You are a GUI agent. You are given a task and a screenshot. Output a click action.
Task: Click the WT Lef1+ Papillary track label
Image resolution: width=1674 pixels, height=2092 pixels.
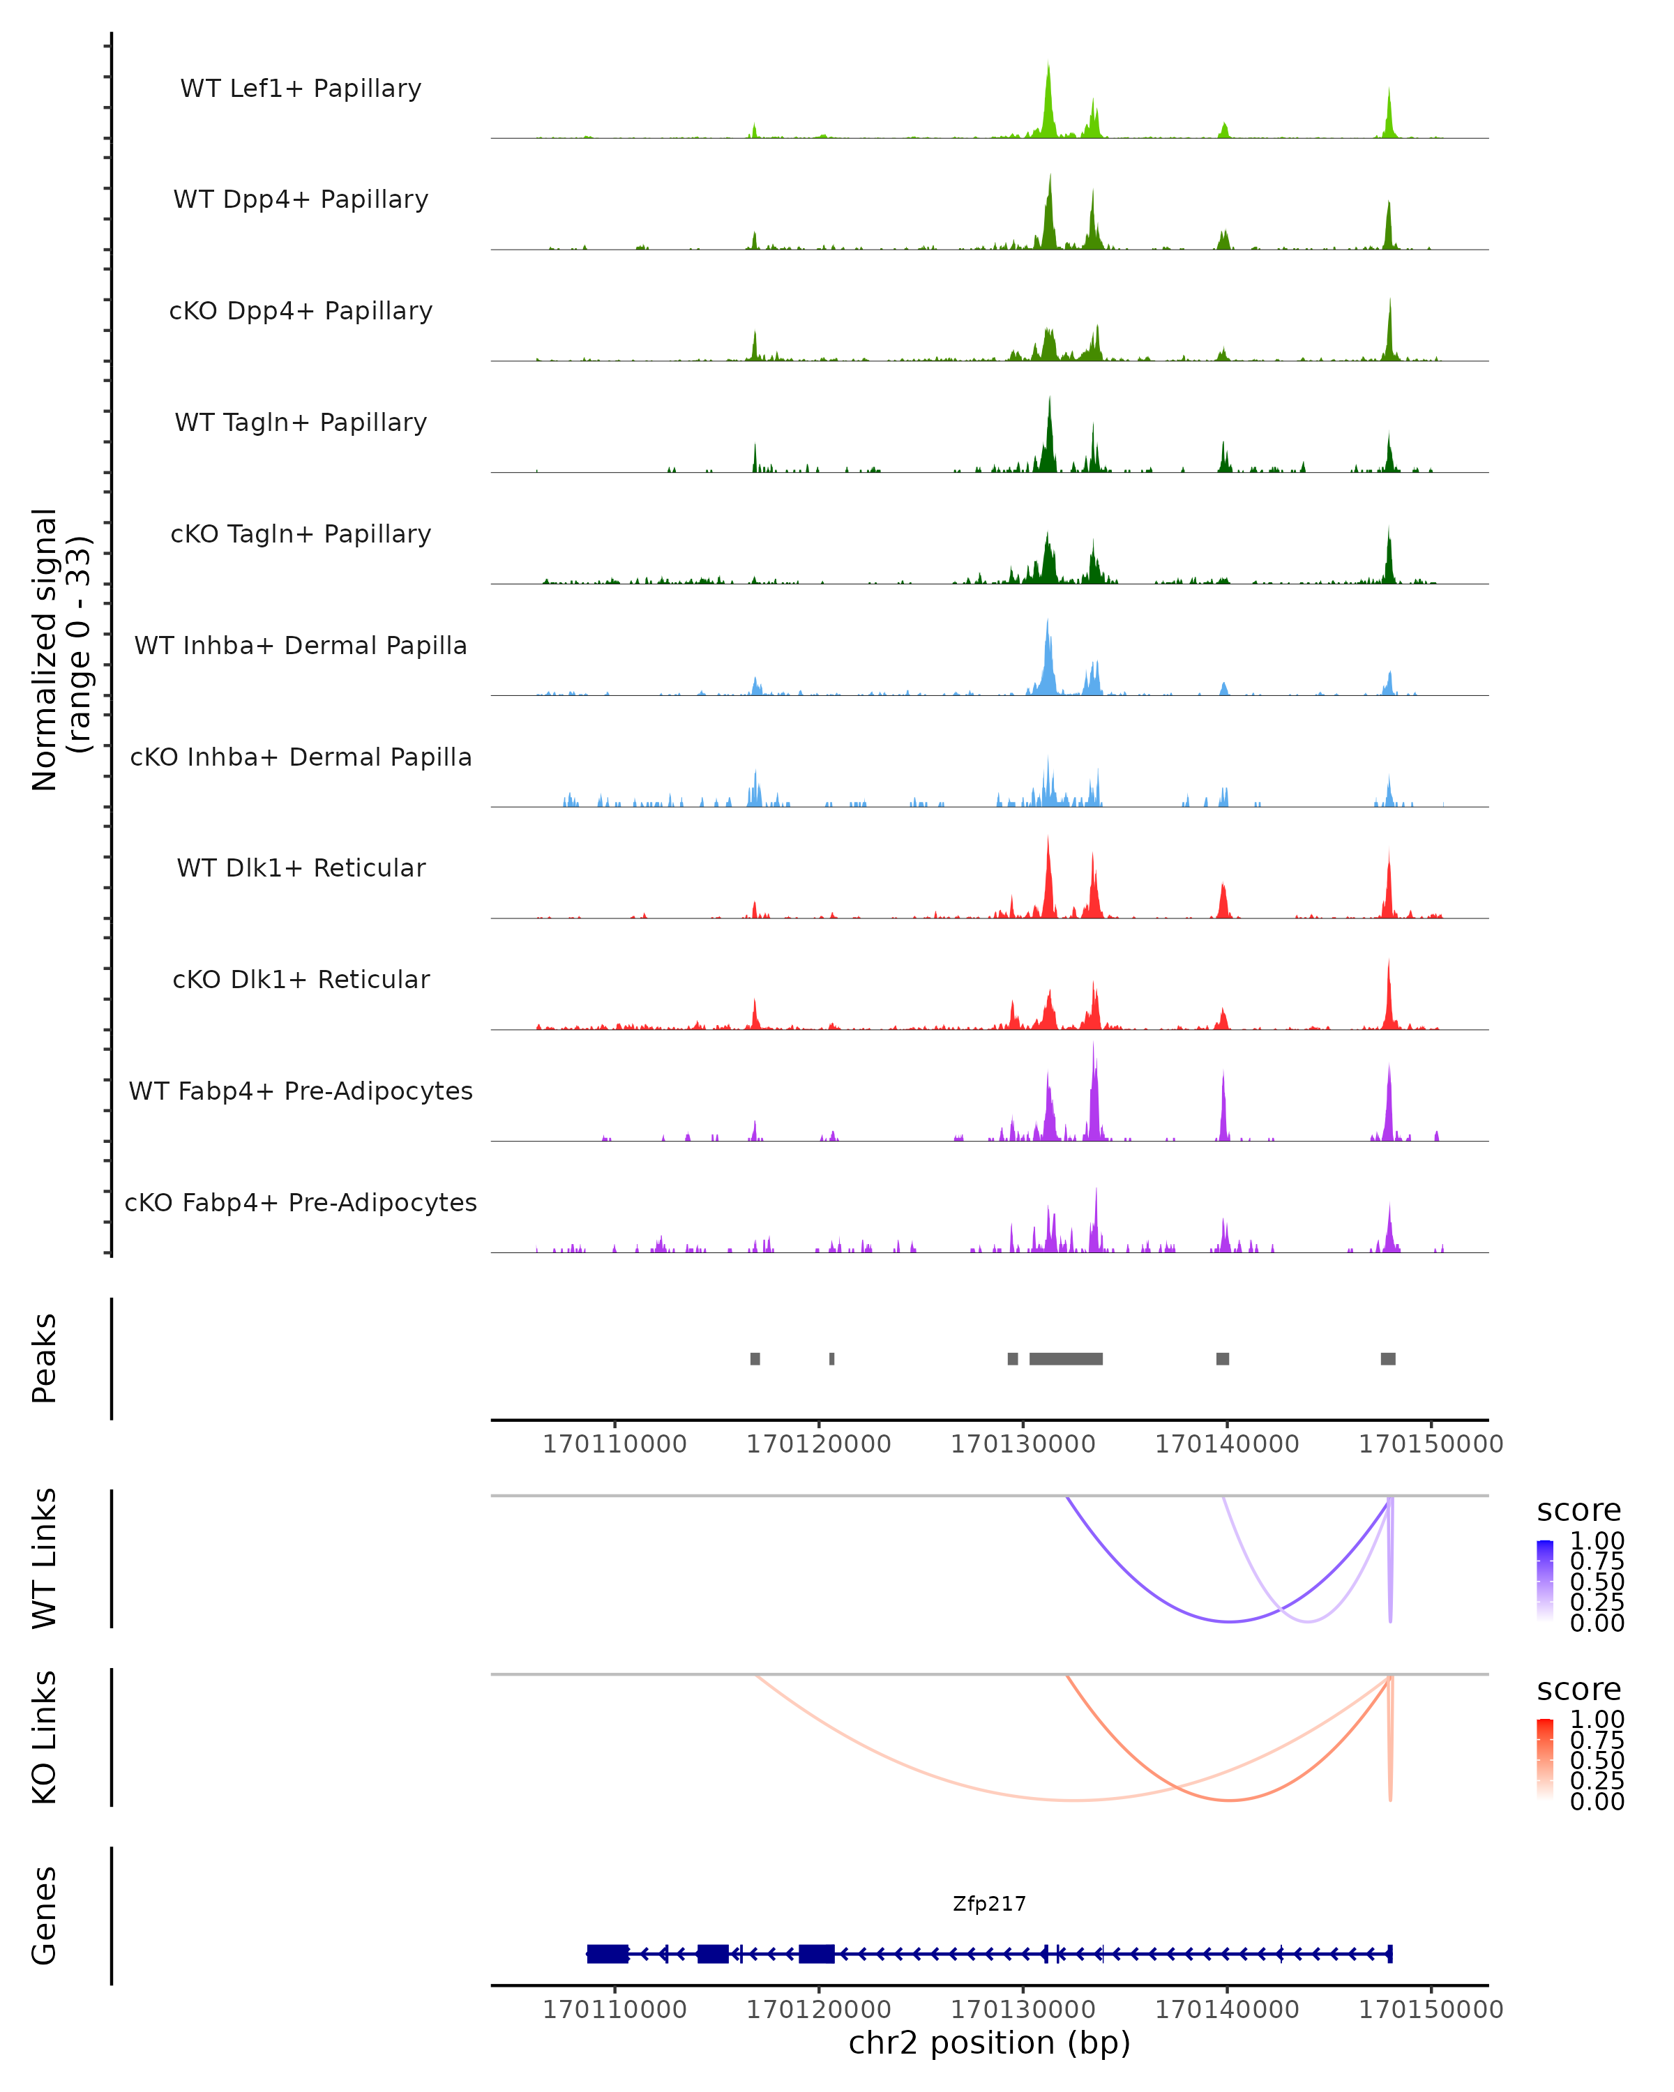[301, 89]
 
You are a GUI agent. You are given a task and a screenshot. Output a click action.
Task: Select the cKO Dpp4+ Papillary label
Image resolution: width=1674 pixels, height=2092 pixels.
[301, 312]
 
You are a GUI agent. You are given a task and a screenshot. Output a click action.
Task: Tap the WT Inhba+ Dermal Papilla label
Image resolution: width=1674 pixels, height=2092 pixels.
[301, 646]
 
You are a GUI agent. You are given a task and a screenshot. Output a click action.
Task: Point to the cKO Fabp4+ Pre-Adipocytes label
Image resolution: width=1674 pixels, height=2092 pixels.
[301, 1203]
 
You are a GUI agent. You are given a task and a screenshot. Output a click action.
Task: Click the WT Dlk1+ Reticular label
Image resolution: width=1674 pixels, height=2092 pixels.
[301, 868]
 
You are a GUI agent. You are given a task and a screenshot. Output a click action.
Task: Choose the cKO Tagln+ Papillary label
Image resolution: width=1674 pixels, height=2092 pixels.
[301, 535]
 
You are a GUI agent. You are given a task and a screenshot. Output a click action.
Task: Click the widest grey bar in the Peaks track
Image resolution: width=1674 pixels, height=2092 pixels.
[1066, 1358]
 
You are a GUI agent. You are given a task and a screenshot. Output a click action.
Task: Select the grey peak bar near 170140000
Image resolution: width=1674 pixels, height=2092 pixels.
[1223, 1358]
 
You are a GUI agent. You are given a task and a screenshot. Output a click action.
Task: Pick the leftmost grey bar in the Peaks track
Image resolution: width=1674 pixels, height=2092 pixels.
[755, 1358]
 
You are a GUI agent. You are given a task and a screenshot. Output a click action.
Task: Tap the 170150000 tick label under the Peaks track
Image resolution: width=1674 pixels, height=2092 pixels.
[1431, 1444]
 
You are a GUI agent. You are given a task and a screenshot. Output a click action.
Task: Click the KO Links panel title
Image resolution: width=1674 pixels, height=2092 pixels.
[45, 1738]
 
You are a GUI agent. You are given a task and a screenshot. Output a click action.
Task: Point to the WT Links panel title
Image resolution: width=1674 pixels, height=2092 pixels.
[45, 1559]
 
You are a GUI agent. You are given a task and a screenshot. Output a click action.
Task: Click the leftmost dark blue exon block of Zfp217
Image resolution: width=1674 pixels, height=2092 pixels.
[608, 1954]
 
